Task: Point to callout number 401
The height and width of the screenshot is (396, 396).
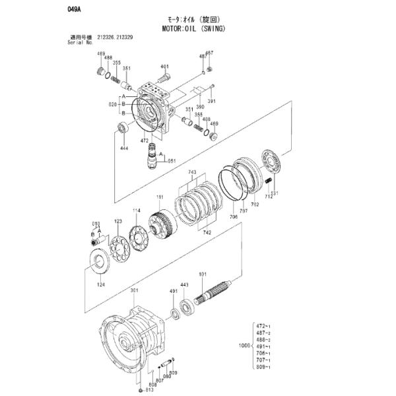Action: [x=164, y=67]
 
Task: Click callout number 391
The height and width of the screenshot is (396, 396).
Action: [x=212, y=101]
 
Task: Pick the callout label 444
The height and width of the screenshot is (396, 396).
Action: [x=123, y=149]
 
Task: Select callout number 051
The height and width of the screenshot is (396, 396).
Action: [x=172, y=160]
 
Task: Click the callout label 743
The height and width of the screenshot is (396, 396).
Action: [x=192, y=172]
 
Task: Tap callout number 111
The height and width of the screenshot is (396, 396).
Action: [x=159, y=197]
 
